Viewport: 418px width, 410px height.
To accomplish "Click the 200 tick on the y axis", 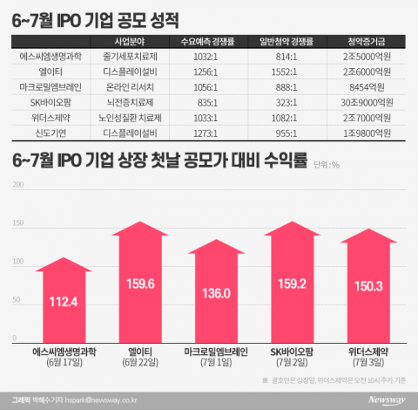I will point(17,185).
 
